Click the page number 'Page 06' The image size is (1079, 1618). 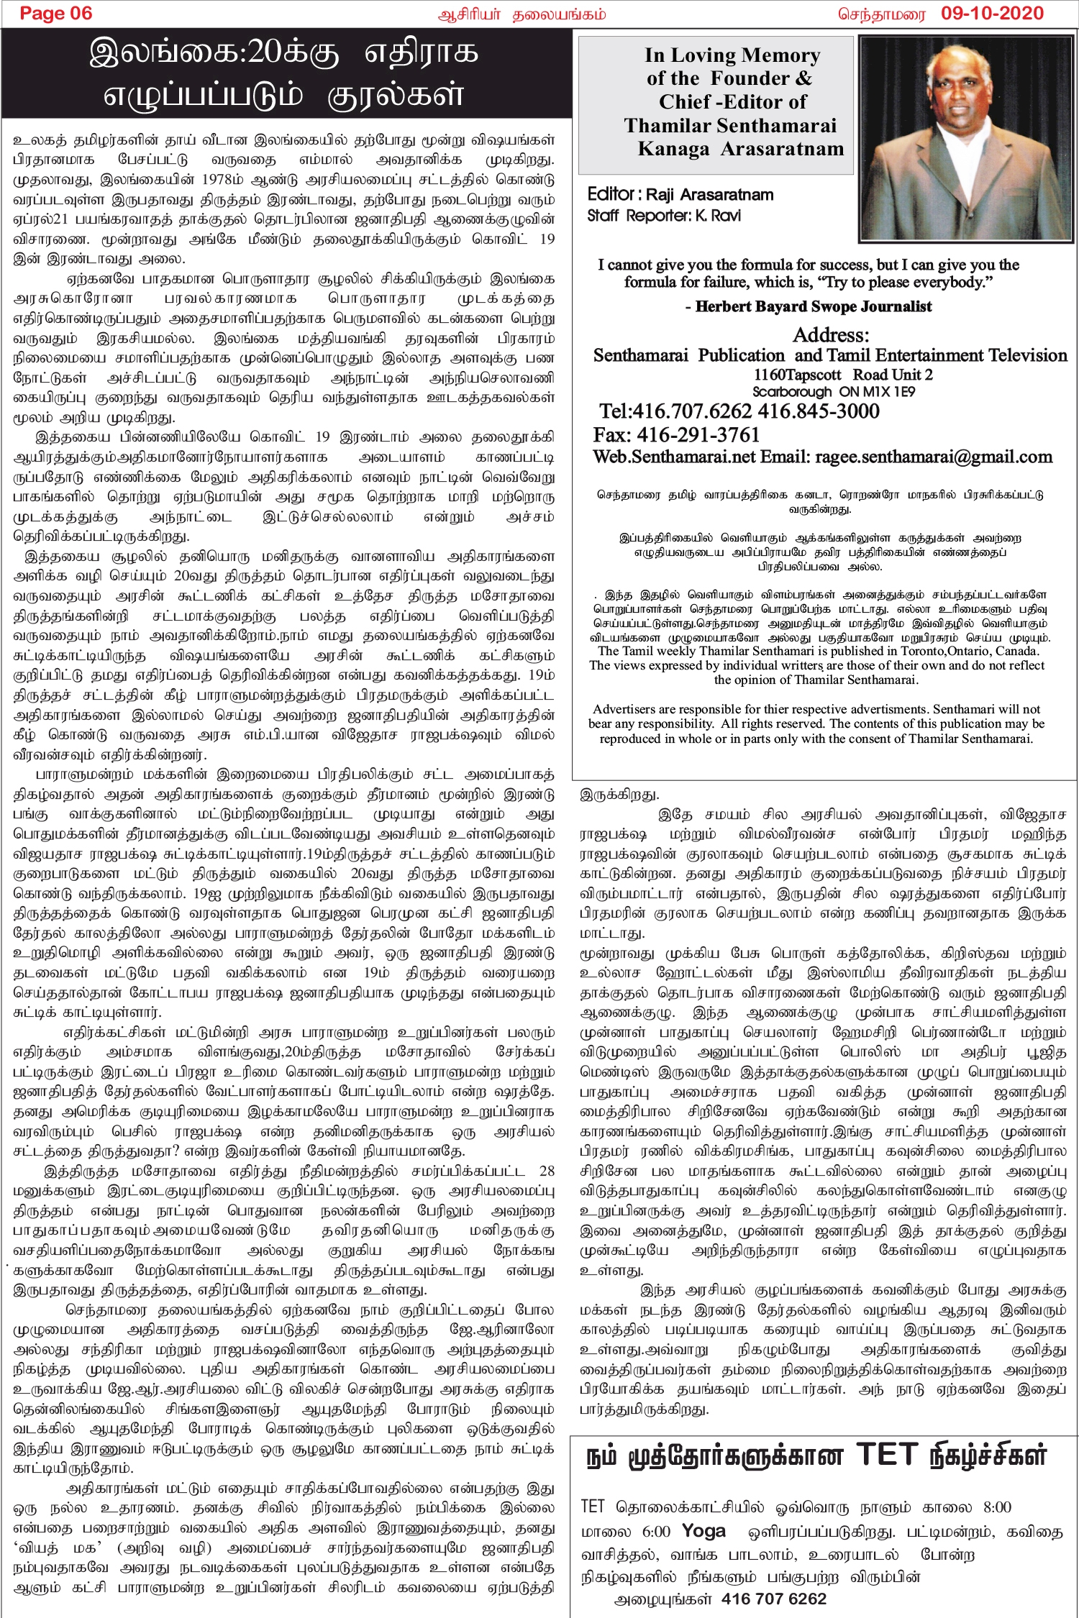tap(56, 14)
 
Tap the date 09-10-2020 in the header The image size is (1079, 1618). tap(992, 14)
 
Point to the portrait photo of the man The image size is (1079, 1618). tap(965, 138)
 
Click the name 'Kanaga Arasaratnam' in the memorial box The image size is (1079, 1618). tap(740, 149)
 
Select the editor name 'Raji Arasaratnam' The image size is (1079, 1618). tap(709, 195)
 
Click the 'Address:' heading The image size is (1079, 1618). tap(831, 335)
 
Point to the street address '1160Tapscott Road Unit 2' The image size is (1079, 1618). tap(843, 375)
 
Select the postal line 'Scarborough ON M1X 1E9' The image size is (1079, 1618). tap(834, 392)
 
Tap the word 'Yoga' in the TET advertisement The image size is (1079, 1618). tap(703, 1531)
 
